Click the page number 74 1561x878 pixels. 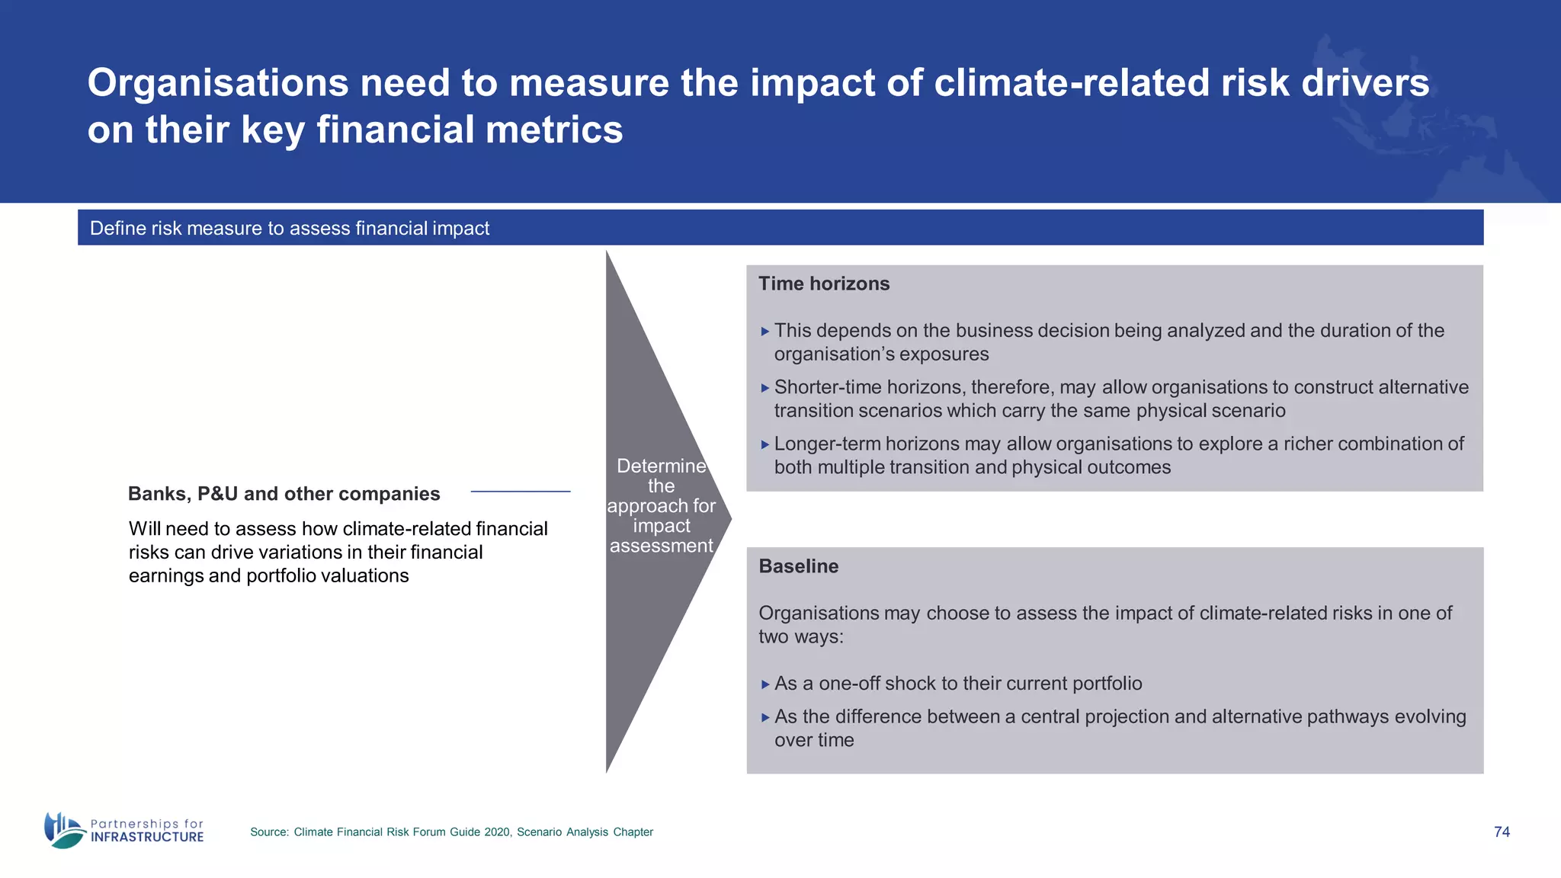point(1502,832)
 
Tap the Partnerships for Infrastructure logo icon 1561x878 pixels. point(64,830)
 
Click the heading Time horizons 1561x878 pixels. point(824,284)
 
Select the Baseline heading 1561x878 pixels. point(798,566)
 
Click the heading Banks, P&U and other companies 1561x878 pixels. point(284,494)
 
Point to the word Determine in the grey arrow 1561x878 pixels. point(661,466)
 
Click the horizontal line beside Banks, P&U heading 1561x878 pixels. point(521,492)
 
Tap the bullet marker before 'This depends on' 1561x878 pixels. point(765,332)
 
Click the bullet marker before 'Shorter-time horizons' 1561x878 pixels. point(765,388)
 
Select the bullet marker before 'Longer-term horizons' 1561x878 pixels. point(765,444)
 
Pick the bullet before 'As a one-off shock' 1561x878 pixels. point(765,684)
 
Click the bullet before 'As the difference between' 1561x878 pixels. point(765,717)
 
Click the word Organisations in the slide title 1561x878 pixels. point(218,83)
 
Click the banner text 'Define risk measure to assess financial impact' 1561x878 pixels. point(290,228)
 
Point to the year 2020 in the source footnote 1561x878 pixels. point(497,832)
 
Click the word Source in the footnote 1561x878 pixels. point(269,832)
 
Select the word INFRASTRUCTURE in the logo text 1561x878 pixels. point(147,837)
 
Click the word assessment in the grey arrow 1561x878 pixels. point(661,546)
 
